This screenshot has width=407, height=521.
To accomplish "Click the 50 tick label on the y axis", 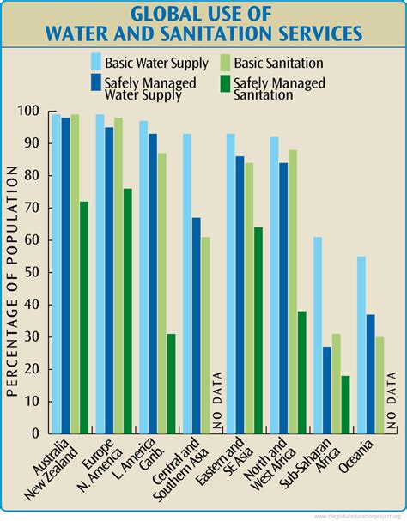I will point(33,272).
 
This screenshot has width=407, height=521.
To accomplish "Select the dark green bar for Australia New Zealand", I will point(83,318).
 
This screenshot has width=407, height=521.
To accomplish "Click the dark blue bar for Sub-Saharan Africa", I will point(326,390).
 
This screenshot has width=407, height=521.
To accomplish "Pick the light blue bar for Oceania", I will point(361,344).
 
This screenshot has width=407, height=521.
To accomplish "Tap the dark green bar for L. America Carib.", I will point(171,383).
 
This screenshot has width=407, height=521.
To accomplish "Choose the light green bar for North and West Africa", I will point(293,291).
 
